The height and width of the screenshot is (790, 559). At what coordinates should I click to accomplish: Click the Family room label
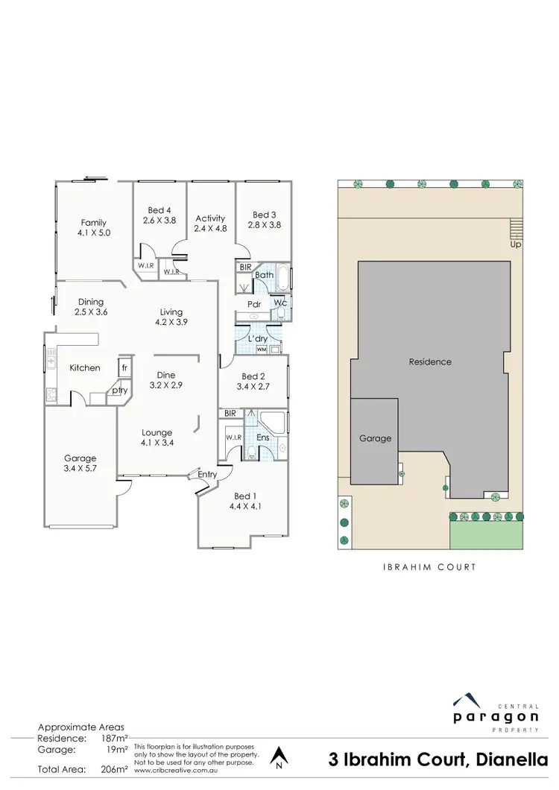pyautogui.click(x=94, y=222)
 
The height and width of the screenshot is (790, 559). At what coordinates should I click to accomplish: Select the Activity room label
pyautogui.click(x=210, y=218)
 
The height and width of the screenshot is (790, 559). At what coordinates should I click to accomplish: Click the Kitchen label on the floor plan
pyautogui.click(x=85, y=368)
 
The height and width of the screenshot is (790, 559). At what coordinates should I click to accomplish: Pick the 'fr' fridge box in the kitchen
pyautogui.click(x=124, y=368)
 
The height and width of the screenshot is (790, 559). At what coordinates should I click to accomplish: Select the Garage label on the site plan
pyautogui.click(x=376, y=438)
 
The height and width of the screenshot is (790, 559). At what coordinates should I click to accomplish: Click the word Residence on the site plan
pyautogui.click(x=430, y=362)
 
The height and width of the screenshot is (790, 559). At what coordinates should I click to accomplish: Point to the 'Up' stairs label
pyautogui.click(x=515, y=244)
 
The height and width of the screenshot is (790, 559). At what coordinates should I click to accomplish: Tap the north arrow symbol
pyautogui.click(x=278, y=757)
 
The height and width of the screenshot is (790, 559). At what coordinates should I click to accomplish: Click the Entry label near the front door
pyautogui.click(x=208, y=473)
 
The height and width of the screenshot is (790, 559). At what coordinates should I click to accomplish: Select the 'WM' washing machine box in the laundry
pyautogui.click(x=261, y=349)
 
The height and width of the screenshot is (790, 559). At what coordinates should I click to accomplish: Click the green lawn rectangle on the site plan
pyautogui.click(x=486, y=535)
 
